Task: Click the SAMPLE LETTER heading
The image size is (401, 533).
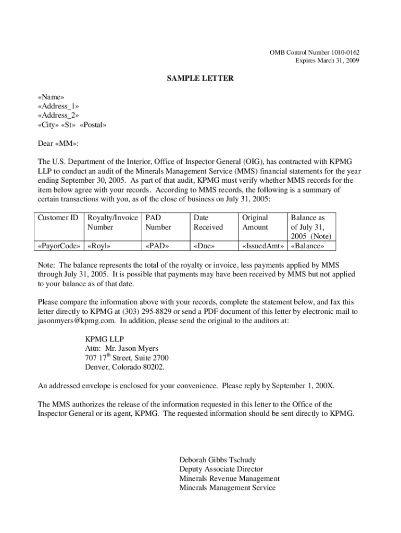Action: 200,79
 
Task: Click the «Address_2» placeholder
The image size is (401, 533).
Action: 59,116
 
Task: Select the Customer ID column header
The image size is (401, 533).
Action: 58,218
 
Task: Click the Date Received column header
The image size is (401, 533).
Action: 208,223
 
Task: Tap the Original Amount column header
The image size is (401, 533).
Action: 255,223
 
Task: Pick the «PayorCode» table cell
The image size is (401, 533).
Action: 59,246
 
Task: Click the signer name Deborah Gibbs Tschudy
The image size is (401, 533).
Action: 217,460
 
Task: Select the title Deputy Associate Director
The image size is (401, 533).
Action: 221,469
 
